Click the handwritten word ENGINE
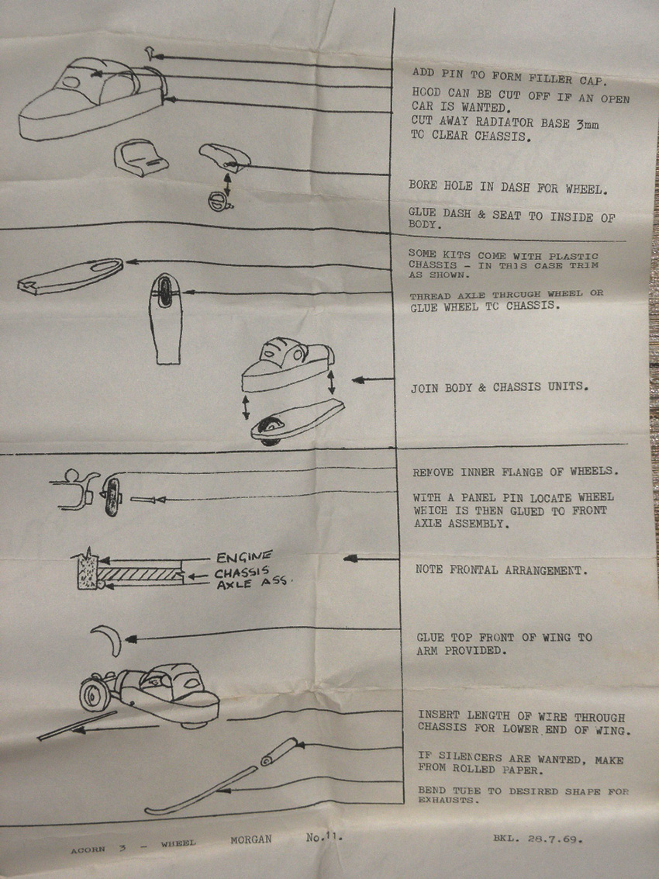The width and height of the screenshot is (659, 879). click(244, 557)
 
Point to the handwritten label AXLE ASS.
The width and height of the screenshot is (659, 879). click(251, 583)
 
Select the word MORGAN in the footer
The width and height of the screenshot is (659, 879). click(250, 839)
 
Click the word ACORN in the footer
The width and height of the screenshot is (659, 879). click(88, 850)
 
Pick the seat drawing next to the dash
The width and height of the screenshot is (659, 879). click(141, 157)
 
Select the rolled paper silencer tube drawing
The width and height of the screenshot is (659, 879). click(279, 751)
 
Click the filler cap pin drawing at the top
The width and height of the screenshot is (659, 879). click(150, 54)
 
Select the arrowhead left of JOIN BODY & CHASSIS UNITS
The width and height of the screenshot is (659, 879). click(358, 380)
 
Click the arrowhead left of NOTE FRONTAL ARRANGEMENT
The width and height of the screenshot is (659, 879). click(350, 559)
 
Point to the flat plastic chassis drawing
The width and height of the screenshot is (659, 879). click(71, 276)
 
